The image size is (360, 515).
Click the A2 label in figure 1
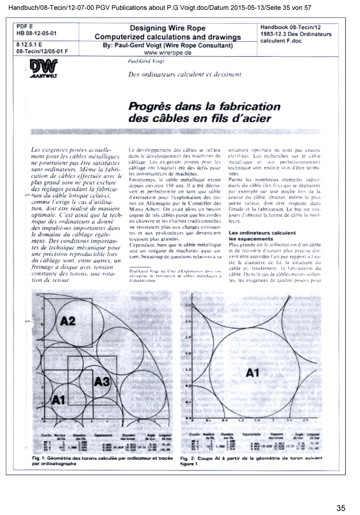(68, 321)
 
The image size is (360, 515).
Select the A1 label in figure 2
(253, 373)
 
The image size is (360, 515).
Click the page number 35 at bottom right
(341, 508)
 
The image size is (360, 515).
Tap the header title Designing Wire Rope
(167, 29)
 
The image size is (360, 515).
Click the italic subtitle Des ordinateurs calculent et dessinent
(185, 74)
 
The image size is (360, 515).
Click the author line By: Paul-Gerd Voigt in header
(167, 46)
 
